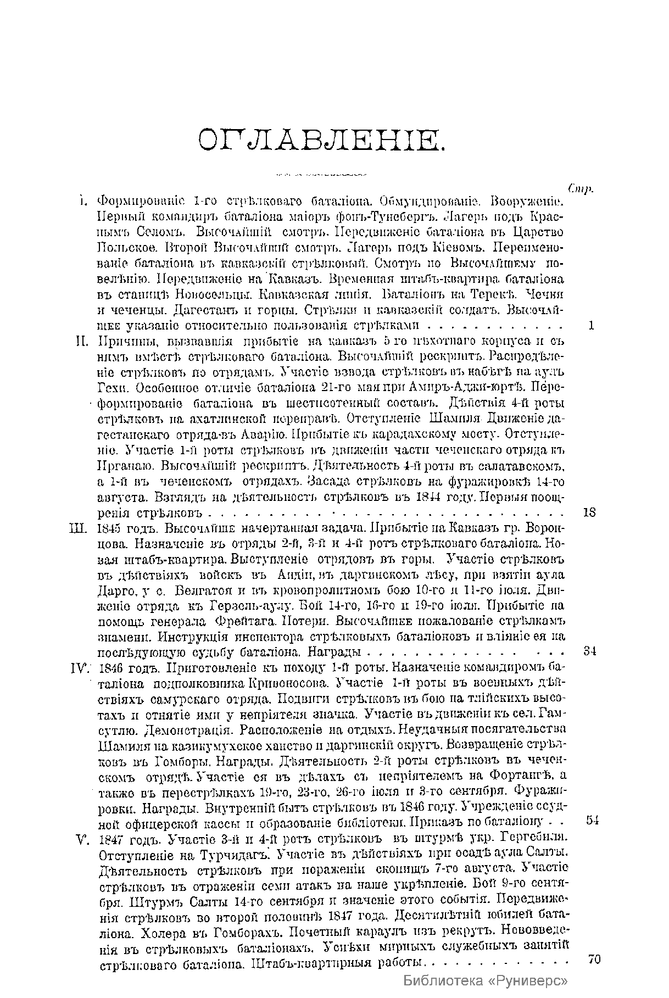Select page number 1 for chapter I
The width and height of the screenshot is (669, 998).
click(591, 325)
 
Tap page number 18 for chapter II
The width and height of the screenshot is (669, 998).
click(589, 512)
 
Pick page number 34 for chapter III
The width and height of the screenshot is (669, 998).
click(590, 651)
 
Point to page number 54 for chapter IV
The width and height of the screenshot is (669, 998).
click(592, 821)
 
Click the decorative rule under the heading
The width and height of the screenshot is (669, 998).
click(321, 175)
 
